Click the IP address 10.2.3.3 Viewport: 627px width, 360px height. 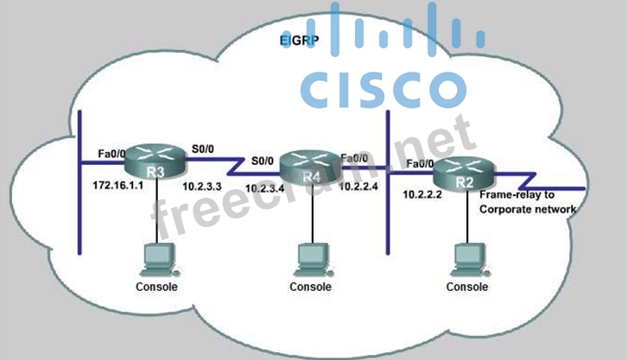point(202,186)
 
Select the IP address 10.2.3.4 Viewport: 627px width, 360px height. point(266,188)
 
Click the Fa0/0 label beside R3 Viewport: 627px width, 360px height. point(111,154)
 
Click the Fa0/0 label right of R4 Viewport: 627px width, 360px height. point(357,158)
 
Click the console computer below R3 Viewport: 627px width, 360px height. point(156,258)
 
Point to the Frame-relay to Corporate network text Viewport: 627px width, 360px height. point(526,202)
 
